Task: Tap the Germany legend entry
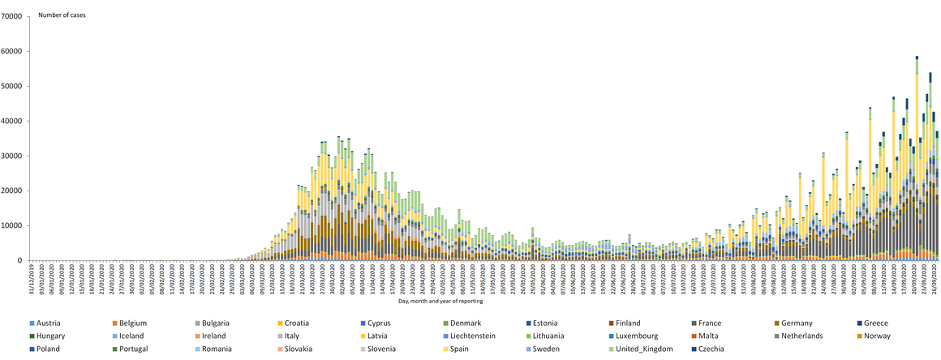[x=805, y=323]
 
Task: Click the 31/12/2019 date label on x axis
[x=31, y=279]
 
